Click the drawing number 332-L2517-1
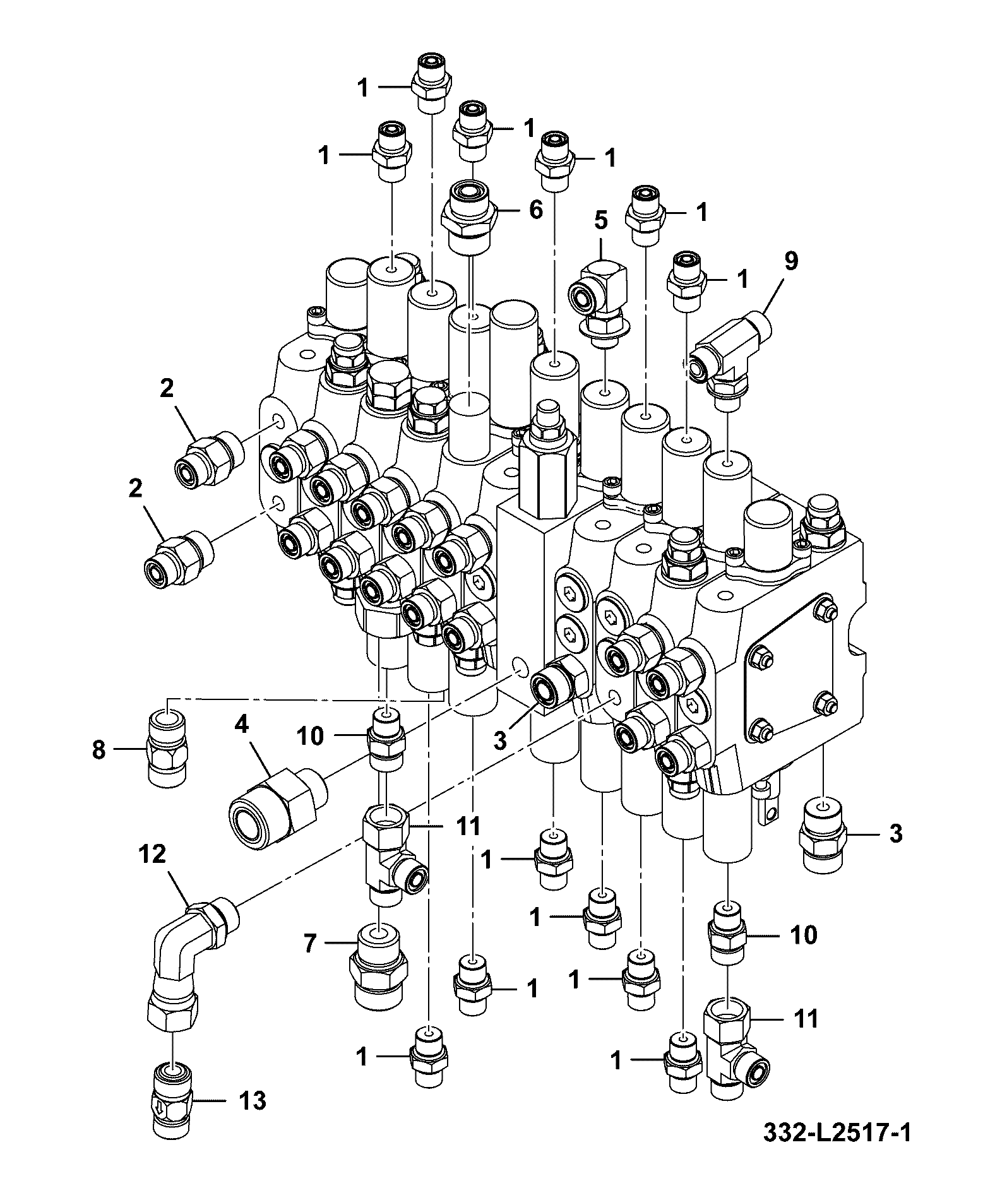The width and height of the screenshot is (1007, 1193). pyautogui.click(x=836, y=1149)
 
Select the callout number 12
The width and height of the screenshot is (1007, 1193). pyautogui.click(x=152, y=854)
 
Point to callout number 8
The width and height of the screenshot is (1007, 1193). pyautogui.click(x=99, y=751)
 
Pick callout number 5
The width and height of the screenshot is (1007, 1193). pyautogui.click(x=600, y=220)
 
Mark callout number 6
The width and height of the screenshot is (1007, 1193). pyautogui.click(x=536, y=210)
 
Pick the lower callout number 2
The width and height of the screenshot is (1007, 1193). pyautogui.click(x=135, y=488)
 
